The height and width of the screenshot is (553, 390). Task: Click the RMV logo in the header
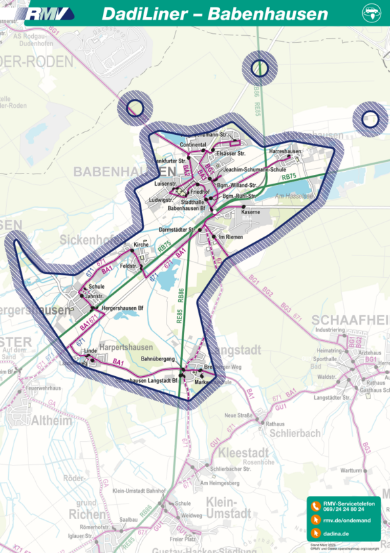(x=51, y=14)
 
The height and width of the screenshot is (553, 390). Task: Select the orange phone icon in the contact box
(x=315, y=506)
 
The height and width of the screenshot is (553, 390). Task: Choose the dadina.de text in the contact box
(x=336, y=534)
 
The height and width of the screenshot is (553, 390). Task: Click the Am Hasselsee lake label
(x=293, y=196)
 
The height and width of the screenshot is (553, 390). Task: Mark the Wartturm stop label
(x=351, y=470)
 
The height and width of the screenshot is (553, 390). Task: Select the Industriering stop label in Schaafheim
(x=330, y=330)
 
